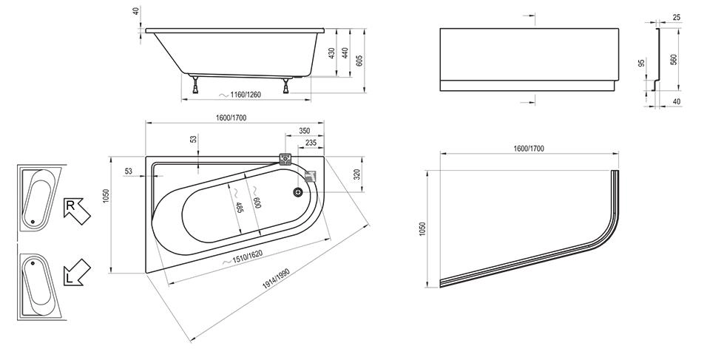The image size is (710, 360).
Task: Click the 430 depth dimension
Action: (332, 52)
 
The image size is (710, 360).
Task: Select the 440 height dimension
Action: (345, 52)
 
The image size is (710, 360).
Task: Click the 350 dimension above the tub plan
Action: (304, 131)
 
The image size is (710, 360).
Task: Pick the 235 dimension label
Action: (311, 143)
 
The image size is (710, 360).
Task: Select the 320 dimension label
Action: (357, 175)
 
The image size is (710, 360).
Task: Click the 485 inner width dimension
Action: (238, 210)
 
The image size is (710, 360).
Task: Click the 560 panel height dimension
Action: (674, 59)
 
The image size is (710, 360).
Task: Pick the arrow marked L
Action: (76, 274)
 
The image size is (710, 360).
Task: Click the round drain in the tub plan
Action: (298, 192)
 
